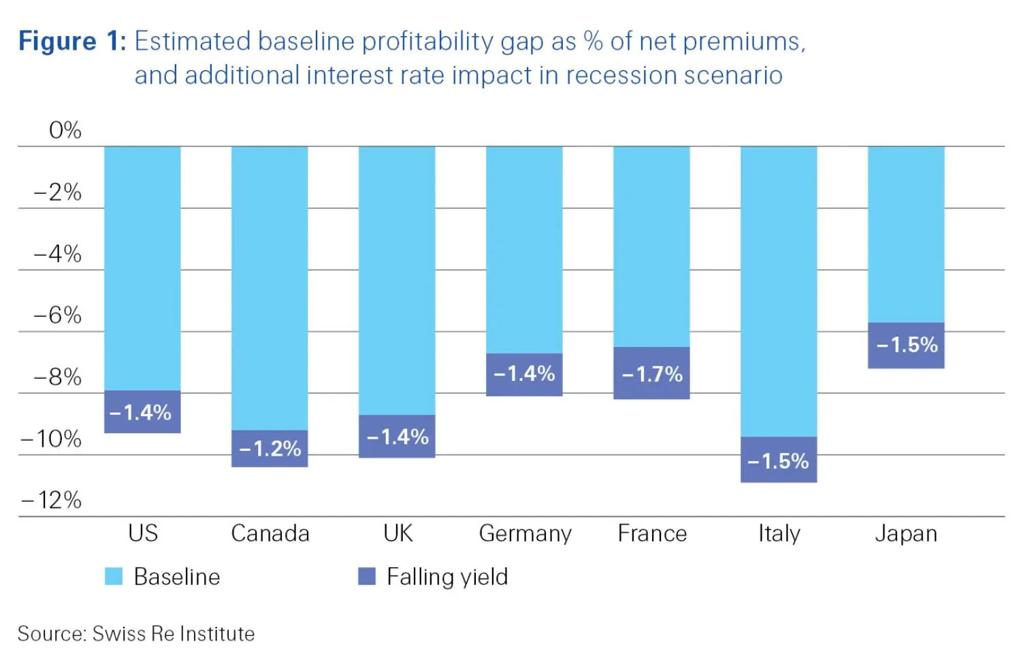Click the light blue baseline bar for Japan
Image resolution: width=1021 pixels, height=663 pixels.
(906, 235)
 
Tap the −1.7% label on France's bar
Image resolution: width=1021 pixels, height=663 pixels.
(652, 374)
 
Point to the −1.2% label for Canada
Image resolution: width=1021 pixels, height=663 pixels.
(270, 448)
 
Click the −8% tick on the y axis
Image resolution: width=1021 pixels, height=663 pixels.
(58, 377)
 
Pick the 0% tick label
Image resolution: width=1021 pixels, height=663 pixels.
(65, 130)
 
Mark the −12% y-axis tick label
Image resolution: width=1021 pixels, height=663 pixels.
(52, 500)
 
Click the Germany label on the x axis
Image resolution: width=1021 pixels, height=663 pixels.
(525, 534)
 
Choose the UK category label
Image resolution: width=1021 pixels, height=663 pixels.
(398, 534)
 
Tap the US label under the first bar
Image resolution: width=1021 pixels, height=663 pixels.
(143, 534)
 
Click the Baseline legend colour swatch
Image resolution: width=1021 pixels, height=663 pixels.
(114, 577)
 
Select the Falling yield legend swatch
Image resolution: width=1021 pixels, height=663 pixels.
(367, 577)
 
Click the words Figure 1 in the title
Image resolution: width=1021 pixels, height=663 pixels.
(72, 41)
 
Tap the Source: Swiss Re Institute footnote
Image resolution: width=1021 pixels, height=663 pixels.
(136, 634)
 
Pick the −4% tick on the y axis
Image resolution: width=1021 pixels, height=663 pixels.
(58, 254)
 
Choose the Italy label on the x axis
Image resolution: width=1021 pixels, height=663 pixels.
(779, 534)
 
